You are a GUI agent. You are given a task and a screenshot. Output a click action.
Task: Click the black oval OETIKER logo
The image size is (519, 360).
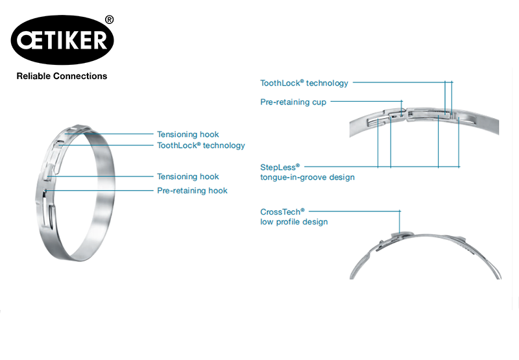pos(62,40)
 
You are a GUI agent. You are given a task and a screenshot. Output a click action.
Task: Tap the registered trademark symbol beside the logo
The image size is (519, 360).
pos(109,20)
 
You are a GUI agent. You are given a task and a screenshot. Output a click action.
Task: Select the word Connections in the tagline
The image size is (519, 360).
pos(80,76)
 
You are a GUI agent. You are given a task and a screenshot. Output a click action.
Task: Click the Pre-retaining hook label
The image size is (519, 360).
pos(192,191)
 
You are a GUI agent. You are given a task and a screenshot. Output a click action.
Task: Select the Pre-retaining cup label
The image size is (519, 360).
pos(293,102)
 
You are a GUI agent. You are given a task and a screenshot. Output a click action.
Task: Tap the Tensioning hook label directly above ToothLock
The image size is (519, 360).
pos(188,134)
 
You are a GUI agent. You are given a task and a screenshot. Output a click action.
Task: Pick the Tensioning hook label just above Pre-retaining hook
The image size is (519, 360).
pos(188,176)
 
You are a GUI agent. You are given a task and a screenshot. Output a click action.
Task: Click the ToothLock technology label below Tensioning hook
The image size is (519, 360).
pos(201,145)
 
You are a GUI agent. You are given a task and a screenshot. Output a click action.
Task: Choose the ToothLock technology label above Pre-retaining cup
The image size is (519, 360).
pos(304,83)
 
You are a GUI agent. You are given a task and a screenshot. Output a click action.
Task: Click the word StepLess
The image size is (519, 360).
pos(280,167)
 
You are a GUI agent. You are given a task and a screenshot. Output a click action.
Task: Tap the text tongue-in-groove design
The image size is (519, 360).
pos(308,177)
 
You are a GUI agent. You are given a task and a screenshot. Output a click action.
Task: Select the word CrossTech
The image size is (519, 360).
pos(282,211)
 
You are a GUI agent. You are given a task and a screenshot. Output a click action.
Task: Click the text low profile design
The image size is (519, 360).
pos(294,222)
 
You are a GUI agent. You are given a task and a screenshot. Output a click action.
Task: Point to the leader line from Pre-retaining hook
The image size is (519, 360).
pos(99,191)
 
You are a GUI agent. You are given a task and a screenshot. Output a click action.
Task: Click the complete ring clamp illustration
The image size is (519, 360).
pos(75,193)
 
